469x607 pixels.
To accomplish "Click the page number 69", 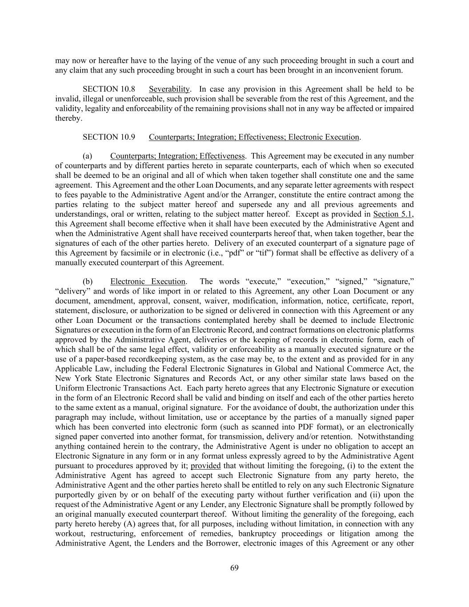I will click(235, 568).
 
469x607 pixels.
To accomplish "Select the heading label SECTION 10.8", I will click(108, 89).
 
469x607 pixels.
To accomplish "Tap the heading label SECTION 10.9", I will click(108, 137).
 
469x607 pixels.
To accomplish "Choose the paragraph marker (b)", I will click(88, 281).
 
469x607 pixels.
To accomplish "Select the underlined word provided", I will click(205, 466).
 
